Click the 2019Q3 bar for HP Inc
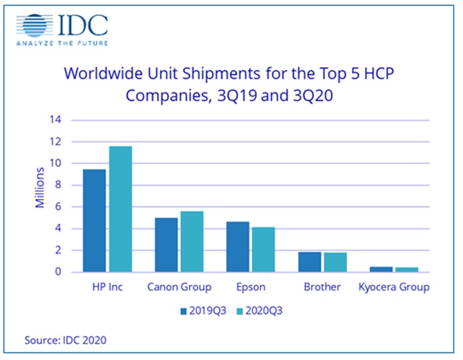click(94, 221)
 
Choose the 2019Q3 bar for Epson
click(239, 247)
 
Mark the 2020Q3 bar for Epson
click(263, 249)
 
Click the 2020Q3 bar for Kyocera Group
click(407, 269)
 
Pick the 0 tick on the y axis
click(58, 272)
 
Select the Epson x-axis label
click(251, 288)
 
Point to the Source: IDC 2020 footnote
click(65, 340)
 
